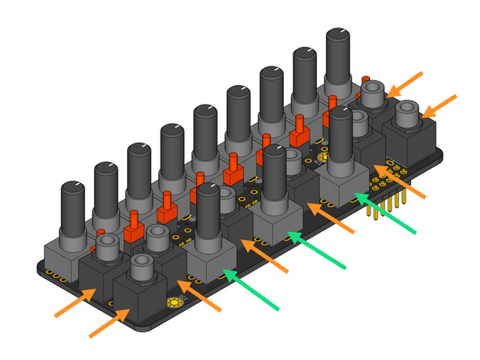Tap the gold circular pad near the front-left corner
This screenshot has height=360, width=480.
coord(172,304)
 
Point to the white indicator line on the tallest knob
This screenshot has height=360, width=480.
coord(341,33)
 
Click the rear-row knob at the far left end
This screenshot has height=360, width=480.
coord(73,208)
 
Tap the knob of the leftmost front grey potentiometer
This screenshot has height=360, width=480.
coord(208,215)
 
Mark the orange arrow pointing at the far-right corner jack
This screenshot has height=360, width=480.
coord(439,105)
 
